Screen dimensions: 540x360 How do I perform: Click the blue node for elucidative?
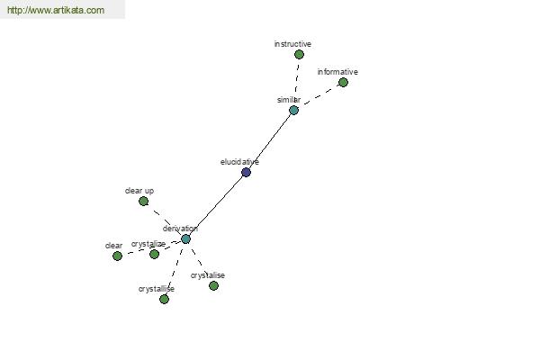[x=246, y=172]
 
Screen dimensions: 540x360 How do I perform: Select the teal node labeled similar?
[x=293, y=110]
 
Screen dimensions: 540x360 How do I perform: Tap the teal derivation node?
[x=185, y=238]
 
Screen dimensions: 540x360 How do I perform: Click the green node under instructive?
[x=299, y=54]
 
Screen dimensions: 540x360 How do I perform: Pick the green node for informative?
[x=343, y=82]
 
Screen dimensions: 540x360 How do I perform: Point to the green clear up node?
[x=144, y=202]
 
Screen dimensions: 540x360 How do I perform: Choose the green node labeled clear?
[x=117, y=256]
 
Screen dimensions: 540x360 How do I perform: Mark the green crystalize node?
[x=154, y=254]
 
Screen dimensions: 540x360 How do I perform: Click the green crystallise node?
[x=165, y=299]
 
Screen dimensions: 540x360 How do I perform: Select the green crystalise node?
[x=213, y=285]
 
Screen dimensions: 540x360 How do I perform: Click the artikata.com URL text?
[x=56, y=10]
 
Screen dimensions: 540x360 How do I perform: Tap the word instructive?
[x=292, y=44]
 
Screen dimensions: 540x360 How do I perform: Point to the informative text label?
[x=337, y=72]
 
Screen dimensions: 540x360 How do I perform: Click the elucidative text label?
[x=239, y=162]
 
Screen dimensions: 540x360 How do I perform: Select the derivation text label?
[x=180, y=229]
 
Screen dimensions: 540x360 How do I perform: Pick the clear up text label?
[x=139, y=191]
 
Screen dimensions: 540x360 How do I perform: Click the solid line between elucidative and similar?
[x=270, y=141]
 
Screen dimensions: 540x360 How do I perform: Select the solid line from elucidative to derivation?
[x=216, y=206]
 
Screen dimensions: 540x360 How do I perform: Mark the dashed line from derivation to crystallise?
[x=175, y=269]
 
